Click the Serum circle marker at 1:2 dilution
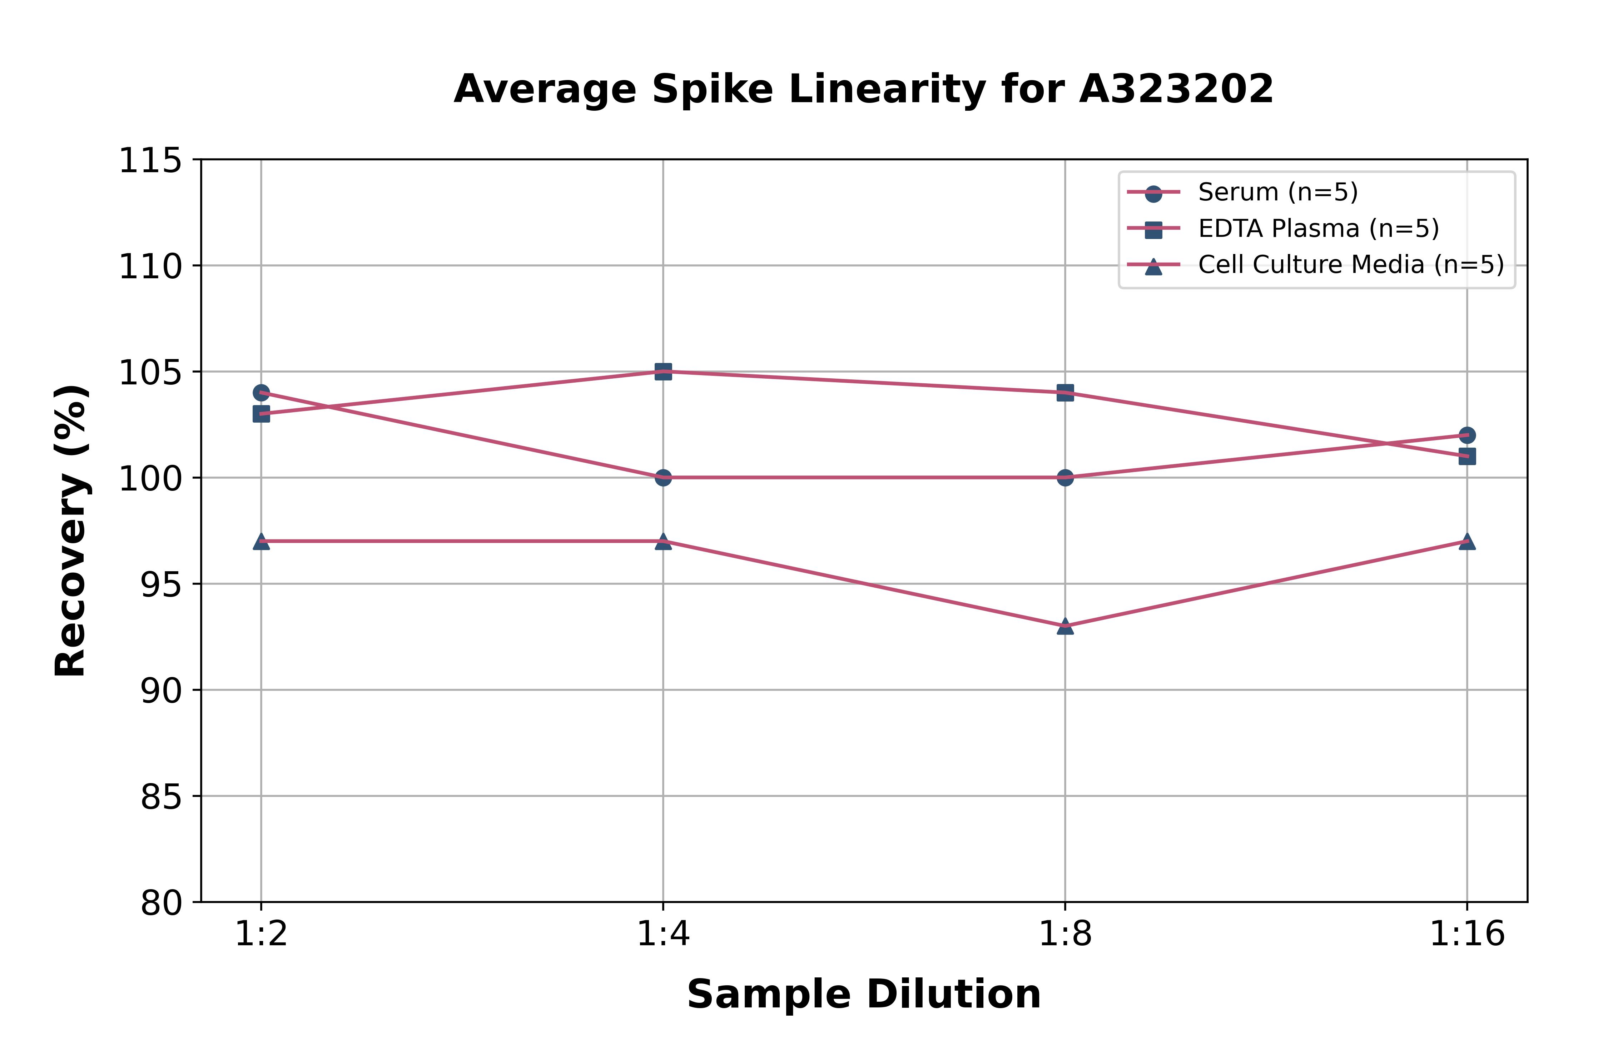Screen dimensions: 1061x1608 pyautogui.click(x=261, y=393)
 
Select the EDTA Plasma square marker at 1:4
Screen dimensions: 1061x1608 pyautogui.click(x=663, y=372)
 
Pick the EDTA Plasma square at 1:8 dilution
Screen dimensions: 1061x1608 pyautogui.click(x=1065, y=393)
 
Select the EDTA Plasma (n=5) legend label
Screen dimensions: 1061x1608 pyautogui.click(x=1318, y=229)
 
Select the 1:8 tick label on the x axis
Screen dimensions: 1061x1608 pyautogui.click(x=1065, y=935)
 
